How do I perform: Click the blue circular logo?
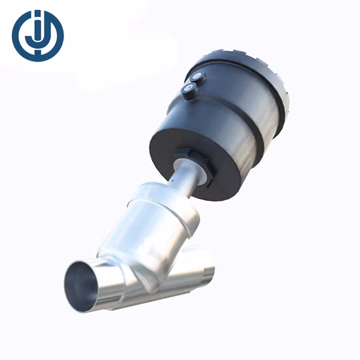click(x=37, y=36)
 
